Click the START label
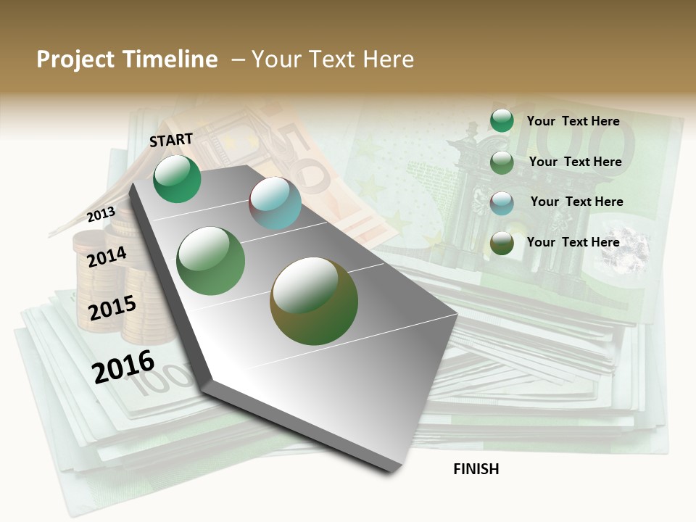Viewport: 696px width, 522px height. (171, 140)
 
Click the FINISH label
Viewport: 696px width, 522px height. (476, 469)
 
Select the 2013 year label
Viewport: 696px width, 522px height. (101, 215)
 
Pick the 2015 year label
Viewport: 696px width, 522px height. (112, 308)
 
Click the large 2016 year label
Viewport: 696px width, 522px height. (124, 367)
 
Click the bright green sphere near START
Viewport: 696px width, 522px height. (178, 178)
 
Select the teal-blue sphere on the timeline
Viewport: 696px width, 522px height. (275, 204)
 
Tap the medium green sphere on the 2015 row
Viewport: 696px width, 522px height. (211, 261)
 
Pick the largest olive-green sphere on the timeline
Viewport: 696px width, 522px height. (314, 301)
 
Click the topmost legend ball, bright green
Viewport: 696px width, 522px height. (502, 120)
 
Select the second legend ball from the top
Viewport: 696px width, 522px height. (502, 162)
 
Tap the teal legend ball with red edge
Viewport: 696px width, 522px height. (502, 202)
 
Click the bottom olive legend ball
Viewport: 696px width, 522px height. (502, 243)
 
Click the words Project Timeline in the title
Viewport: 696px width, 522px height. (127, 59)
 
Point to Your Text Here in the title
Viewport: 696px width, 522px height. (332, 59)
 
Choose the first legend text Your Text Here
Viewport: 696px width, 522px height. (573, 121)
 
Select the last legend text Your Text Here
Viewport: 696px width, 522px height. (573, 242)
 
